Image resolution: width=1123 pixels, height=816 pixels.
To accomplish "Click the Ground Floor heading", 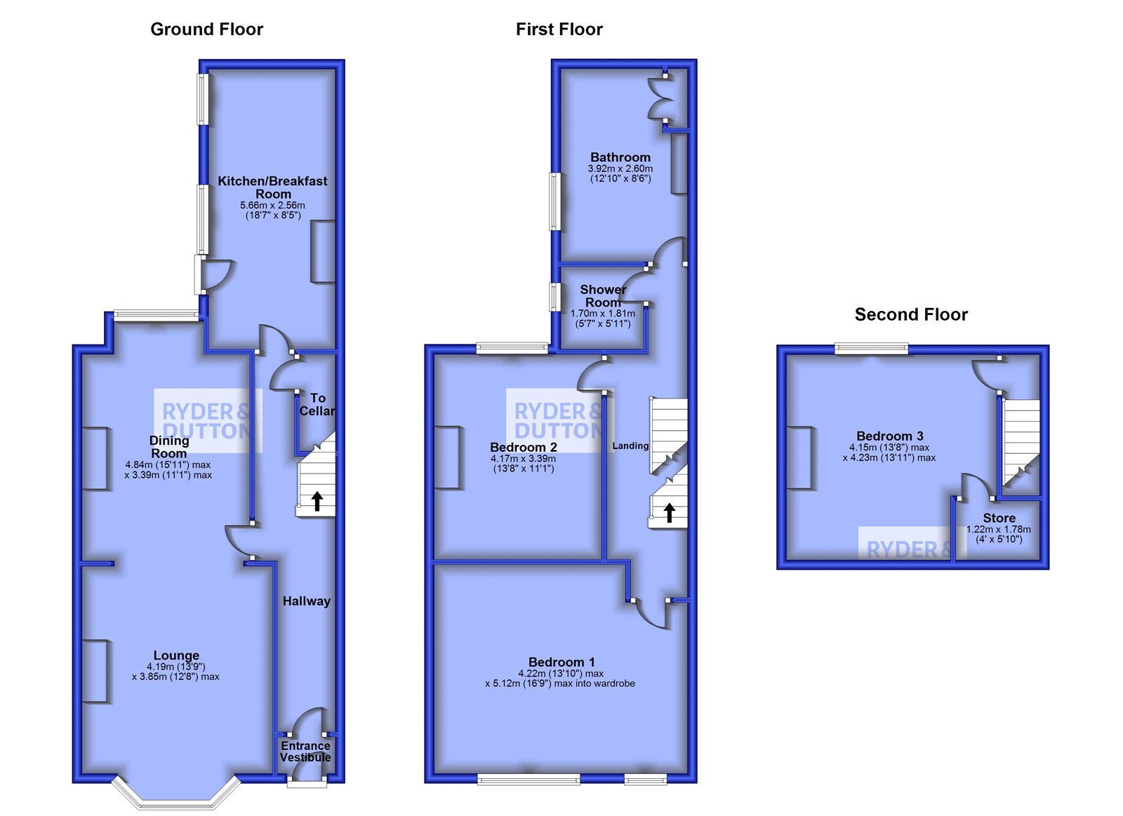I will [206, 29].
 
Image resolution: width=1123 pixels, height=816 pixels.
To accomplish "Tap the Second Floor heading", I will [911, 315].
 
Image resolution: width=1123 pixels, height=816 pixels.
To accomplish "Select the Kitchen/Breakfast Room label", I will [272, 187].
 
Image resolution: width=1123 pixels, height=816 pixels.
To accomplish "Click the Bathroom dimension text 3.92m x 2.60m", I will [620, 168].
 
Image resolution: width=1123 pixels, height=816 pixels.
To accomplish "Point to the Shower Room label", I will [603, 295].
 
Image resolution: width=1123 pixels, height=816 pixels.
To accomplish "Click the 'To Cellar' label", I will [317, 404].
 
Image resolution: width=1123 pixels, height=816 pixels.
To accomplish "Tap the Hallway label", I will [306, 601].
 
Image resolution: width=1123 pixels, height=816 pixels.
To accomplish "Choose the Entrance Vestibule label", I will [305, 751].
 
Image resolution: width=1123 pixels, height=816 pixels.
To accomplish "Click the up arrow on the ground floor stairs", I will [317, 501].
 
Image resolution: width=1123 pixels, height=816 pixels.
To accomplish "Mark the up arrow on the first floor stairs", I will [669, 513].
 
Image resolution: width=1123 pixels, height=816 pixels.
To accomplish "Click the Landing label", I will [630, 446].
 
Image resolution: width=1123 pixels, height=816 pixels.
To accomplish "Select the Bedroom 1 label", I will [561, 662].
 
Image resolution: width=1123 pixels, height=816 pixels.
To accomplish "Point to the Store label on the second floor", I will [999, 518].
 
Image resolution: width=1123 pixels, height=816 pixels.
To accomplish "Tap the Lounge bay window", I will [176, 800].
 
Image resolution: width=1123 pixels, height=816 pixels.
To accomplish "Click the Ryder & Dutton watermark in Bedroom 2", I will [559, 420].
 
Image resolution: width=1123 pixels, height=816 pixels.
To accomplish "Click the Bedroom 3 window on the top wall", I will [871, 349].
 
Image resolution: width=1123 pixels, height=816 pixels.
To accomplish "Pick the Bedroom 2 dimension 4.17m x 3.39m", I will [523, 458].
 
